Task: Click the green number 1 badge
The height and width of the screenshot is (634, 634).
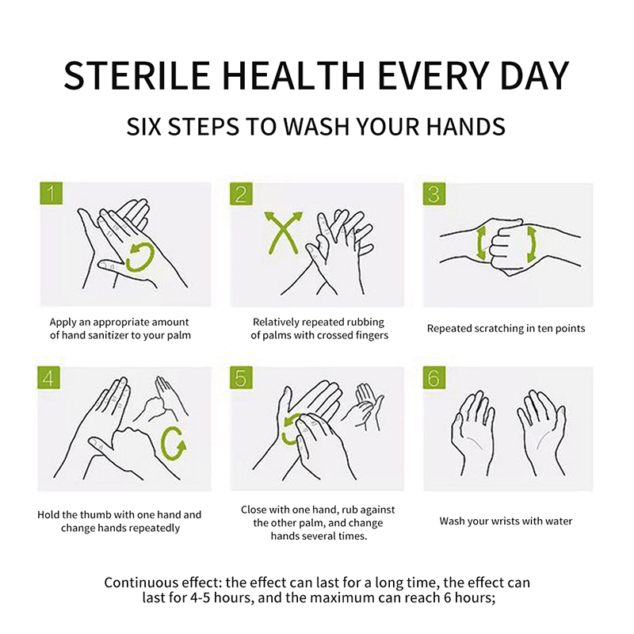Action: pyautogui.click(x=52, y=193)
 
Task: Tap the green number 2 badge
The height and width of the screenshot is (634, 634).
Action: pyautogui.click(x=242, y=193)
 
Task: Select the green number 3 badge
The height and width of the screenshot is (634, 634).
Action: pyautogui.click(x=434, y=193)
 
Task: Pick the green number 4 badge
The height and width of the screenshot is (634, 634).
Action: pyautogui.click(x=48, y=378)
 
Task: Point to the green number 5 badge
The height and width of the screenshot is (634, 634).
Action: pyautogui.click(x=242, y=378)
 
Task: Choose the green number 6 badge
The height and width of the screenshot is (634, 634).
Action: pyautogui.click(x=434, y=378)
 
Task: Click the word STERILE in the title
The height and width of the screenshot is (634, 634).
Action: pyautogui.click(x=136, y=75)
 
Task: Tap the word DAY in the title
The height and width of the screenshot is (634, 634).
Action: pyautogui.click(x=534, y=75)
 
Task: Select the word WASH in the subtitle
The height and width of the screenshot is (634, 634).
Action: pyautogui.click(x=315, y=126)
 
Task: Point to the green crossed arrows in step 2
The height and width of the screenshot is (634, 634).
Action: pyautogui.click(x=283, y=232)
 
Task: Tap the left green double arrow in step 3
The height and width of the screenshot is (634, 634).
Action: pyautogui.click(x=481, y=243)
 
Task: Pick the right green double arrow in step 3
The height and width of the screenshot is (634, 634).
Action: pyautogui.click(x=531, y=245)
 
